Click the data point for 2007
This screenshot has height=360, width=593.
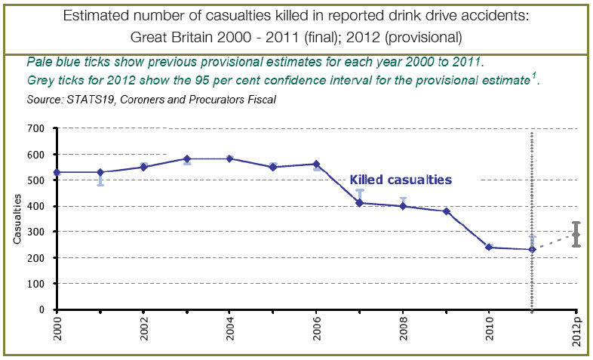click(x=360, y=202)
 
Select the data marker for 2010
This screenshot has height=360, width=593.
click(x=490, y=247)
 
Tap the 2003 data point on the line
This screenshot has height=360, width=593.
click(x=186, y=158)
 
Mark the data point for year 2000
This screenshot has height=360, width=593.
click(x=57, y=172)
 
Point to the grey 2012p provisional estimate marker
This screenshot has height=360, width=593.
click(x=576, y=235)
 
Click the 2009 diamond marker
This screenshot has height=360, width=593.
click(x=447, y=211)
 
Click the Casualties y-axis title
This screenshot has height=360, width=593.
click(x=17, y=219)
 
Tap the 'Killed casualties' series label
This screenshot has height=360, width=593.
click(x=401, y=180)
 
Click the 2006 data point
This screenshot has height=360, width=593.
click(x=317, y=164)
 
